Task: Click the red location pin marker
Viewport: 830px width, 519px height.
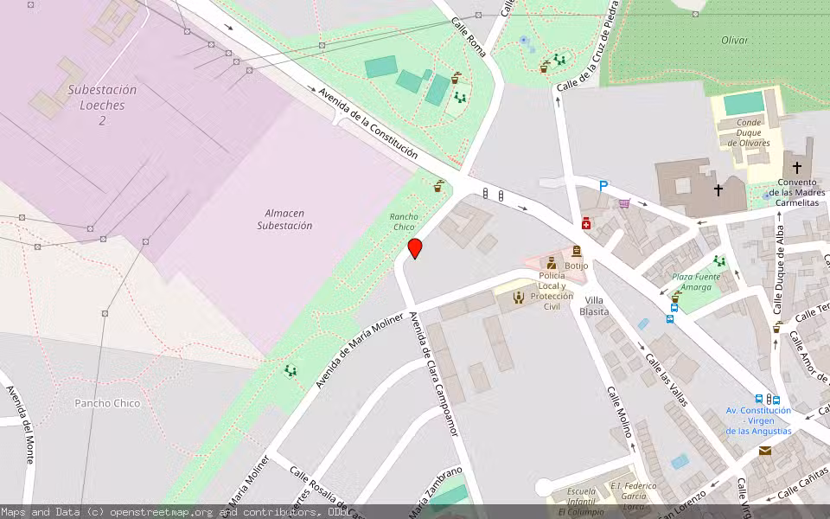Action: tap(415, 248)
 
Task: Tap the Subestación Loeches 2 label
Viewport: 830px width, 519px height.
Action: tap(102, 105)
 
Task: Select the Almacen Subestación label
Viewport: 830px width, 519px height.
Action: tap(284, 219)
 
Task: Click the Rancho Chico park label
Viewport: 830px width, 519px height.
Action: tap(404, 221)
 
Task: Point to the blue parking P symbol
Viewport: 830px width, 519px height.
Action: tap(603, 186)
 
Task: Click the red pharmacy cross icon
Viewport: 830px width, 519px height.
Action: tap(586, 223)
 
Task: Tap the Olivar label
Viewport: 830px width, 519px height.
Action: tap(734, 40)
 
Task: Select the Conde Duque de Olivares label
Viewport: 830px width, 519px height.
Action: tap(749, 132)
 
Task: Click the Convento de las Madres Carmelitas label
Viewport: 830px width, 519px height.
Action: tap(796, 192)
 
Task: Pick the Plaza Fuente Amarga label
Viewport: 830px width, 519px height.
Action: tap(696, 282)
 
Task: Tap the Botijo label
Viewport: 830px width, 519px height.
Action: tap(576, 266)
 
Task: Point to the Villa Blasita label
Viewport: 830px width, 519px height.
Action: tap(594, 305)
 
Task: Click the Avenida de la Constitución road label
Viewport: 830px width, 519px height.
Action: tap(367, 124)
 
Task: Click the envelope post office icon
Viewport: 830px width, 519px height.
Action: tap(765, 451)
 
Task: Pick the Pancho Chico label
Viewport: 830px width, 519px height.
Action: tap(106, 403)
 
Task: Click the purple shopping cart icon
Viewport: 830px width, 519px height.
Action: tap(624, 204)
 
